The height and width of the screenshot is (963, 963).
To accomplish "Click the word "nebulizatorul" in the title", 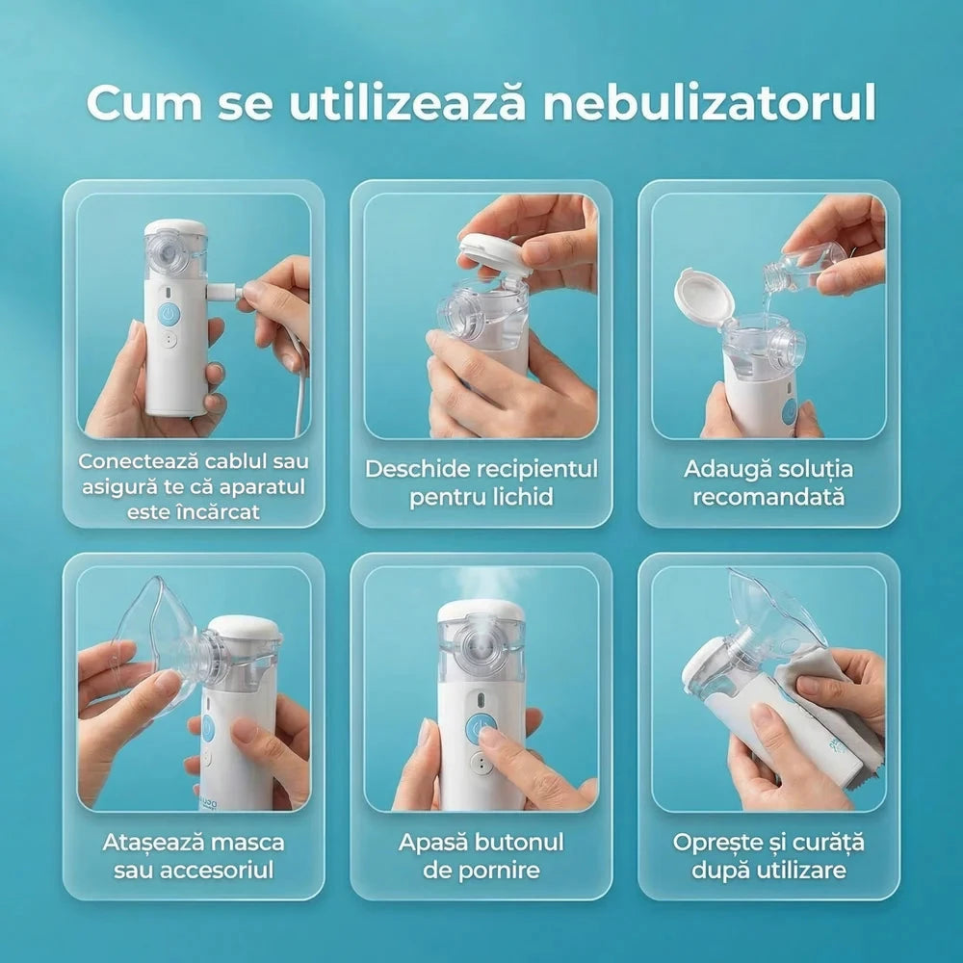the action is tap(710, 102).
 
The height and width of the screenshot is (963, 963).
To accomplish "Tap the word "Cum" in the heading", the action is tap(144, 103).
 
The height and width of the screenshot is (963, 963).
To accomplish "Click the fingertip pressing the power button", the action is tap(489, 739).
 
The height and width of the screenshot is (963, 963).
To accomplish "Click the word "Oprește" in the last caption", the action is tap(715, 843).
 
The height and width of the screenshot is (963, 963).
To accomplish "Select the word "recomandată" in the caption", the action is tap(768, 496).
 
